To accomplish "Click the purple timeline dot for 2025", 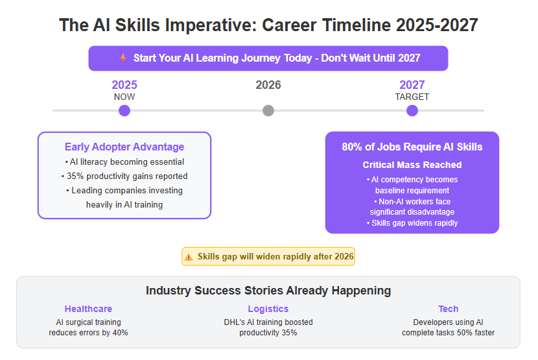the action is coord(124,111).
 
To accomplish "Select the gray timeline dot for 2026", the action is coord(268,111).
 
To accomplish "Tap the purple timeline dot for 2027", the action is coord(412,111).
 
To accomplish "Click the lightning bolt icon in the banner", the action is coord(123,58).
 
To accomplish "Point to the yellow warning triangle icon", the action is coord(189,257).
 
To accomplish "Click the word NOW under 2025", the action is coord(124,97).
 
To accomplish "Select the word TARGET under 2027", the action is coord(412,97).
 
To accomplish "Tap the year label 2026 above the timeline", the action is coord(268,85).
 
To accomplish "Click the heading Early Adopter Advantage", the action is coord(124,147).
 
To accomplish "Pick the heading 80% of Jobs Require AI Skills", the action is coord(412,147).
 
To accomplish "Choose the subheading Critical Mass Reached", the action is coord(412,165).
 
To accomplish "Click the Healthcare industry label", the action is coord(88,309).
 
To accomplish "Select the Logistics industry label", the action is coord(268,309).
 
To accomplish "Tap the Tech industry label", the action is coord(448,309).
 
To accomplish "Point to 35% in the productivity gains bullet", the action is coord(75,176).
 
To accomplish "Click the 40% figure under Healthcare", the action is coord(120,333).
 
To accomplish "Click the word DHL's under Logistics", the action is coord(235,322).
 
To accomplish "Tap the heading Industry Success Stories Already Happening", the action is coord(268,291).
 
